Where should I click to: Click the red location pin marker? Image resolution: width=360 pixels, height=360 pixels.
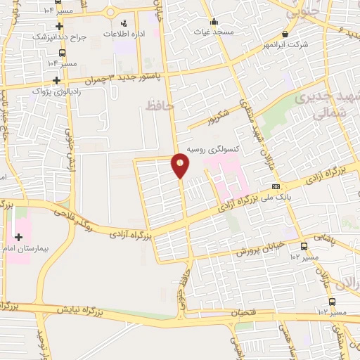[181, 165]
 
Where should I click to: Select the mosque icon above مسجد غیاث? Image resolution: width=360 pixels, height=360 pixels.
[214, 21]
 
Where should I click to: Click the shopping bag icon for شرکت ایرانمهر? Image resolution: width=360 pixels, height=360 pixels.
[285, 34]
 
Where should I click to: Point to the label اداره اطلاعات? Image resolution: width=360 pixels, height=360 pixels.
[125, 34]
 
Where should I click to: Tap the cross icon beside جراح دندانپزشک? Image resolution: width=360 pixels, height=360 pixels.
[60, 26]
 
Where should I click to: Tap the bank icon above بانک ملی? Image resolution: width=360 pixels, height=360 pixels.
[276, 186]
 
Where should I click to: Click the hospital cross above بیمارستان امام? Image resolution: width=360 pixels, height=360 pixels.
[18, 236]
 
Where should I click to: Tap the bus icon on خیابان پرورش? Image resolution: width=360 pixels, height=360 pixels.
[304, 247]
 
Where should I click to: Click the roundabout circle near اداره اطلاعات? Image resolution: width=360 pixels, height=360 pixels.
[110, 13]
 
